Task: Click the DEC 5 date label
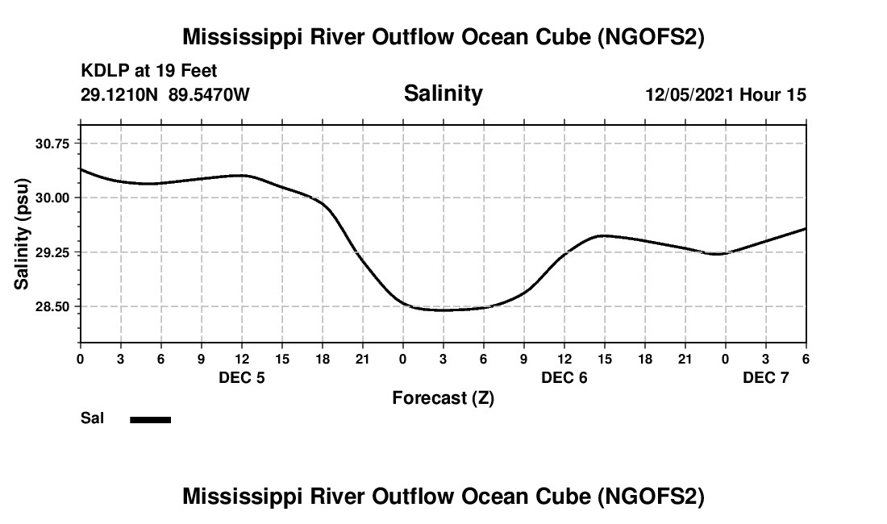(x=242, y=377)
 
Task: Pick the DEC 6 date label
(x=564, y=377)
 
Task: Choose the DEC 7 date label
(x=766, y=377)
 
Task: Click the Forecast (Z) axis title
(x=443, y=398)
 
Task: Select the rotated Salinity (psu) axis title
(x=22, y=233)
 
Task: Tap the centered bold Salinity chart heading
(x=443, y=94)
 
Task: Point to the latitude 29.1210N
(x=121, y=95)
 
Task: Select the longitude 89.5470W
(x=209, y=95)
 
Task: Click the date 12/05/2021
(x=689, y=95)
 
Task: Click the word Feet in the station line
(x=198, y=72)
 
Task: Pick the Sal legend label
(x=91, y=418)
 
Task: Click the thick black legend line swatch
(x=151, y=419)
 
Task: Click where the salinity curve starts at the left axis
(x=81, y=169)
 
